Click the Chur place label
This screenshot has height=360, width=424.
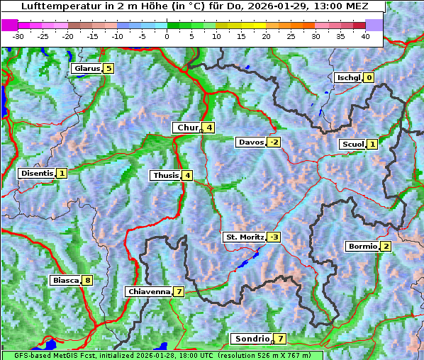pyautogui.click(x=188, y=128)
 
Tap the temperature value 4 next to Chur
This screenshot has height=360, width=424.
pyautogui.click(x=210, y=128)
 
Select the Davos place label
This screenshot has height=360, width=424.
pyautogui.click(x=251, y=142)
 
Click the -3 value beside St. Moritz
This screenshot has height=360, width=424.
pyautogui.click(x=274, y=237)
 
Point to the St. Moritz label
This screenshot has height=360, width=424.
pyautogui.click(x=244, y=237)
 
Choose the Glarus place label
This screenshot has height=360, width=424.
pyautogui.click(x=86, y=69)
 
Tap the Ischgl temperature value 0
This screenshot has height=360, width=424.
pyautogui.click(x=369, y=77)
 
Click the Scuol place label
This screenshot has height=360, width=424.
pyautogui.click(x=352, y=145)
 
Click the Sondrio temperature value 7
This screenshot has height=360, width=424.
pyautogui.click(x=281, y=339)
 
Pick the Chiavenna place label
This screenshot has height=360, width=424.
pyautogui.click(x=148, y=291)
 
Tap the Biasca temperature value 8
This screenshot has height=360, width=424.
pyautogui.click(x=87, y=281)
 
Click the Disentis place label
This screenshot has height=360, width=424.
pyautogui.click(x=36, y=173)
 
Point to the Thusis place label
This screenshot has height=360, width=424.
pyautogui.click(x=164, y=175)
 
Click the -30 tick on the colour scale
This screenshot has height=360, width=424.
pyautogui.click(x=18, y=35)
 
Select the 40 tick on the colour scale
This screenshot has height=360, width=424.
pyautogui.click(x=365, y=35)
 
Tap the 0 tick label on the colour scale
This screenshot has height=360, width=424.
pyautogui.click(x=167, y=35)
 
